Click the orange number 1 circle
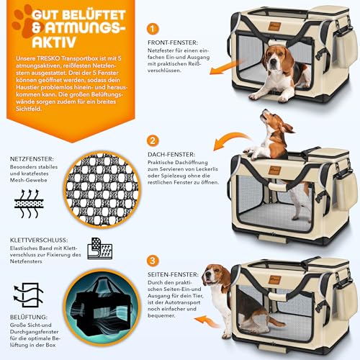[x=153, y=30]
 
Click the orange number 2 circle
[x=153, y=140]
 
